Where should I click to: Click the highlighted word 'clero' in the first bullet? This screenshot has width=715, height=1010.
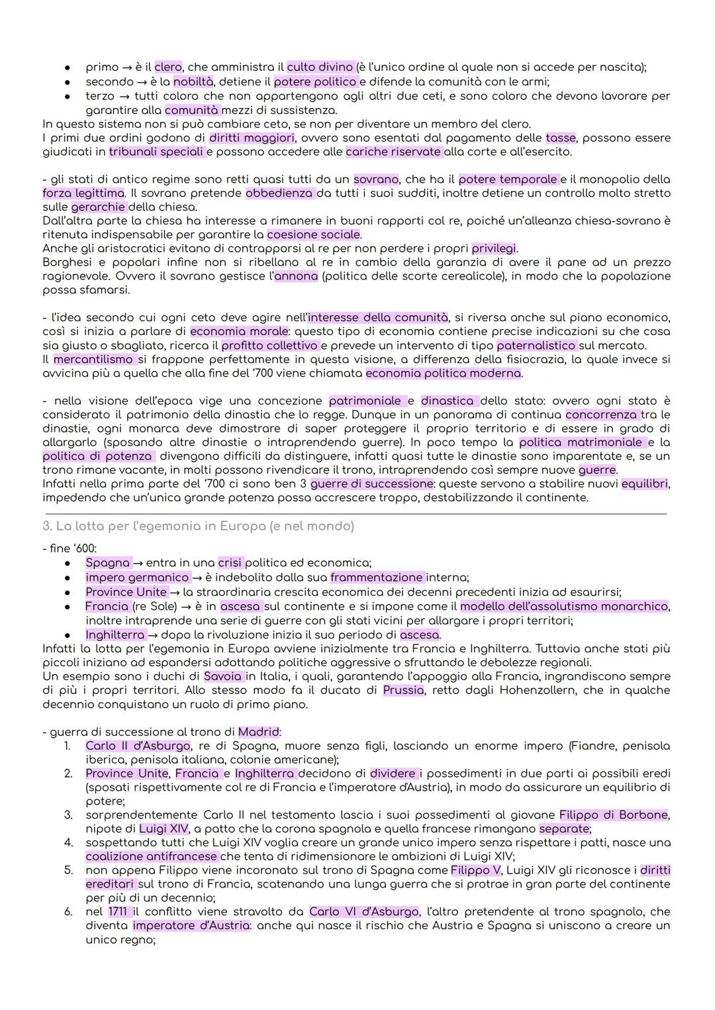coord(168,67)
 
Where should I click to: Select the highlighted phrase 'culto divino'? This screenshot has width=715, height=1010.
coord(320,67)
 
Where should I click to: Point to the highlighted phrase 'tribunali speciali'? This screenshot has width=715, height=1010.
coord(156,152)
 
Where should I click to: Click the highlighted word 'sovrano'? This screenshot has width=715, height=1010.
coord(376,179)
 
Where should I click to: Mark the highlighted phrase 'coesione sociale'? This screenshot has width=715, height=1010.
coord(314,234)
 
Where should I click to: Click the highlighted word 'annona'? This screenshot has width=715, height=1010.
coord(296,276)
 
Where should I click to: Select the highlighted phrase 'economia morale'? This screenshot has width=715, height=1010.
coord(239,331)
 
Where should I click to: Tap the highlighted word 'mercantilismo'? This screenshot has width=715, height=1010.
coord(93,359)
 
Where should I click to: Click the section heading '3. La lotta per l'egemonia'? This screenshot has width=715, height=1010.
coord(198,526)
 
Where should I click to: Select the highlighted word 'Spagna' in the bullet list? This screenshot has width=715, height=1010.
coord(108,562)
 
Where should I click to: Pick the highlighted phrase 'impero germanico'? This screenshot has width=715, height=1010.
coord(137,577)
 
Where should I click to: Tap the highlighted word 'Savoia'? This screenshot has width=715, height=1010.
coord(223,676)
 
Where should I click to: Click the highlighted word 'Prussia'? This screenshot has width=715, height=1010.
coord(403,690)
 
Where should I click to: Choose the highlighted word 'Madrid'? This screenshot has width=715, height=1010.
coord(258,732)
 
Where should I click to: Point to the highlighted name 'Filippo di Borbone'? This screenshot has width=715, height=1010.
coord(613,815)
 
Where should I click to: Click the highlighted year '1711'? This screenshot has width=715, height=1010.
coord(117,912)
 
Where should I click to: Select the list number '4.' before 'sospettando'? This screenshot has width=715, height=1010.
coord(68,842)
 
